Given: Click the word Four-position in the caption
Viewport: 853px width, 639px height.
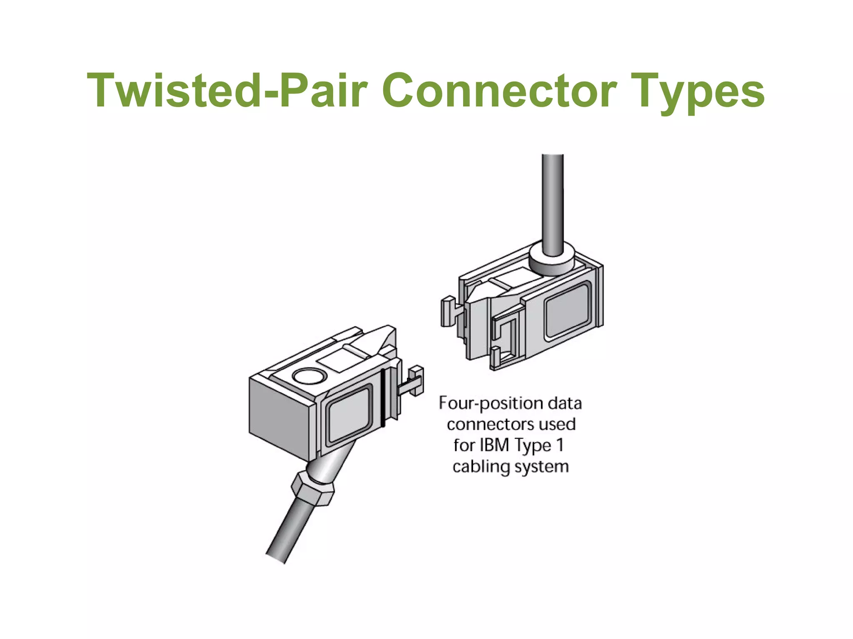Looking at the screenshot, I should point(490,404).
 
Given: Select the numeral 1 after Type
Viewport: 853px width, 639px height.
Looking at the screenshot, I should point(560,445).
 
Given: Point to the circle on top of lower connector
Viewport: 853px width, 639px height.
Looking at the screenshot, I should point(309,376).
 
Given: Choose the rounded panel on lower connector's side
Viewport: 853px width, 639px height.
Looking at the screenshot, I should point(349,416).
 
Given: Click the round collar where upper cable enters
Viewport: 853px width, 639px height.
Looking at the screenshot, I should point(552,261).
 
